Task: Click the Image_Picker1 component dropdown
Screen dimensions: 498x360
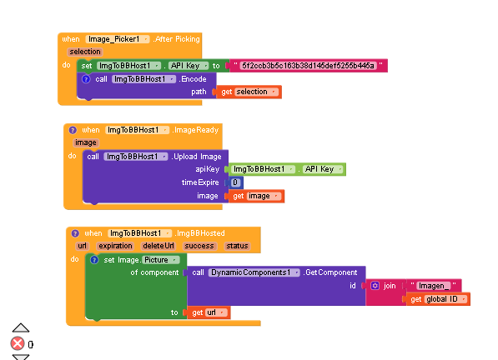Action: (117, 39)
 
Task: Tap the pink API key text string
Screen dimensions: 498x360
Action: (308, 66)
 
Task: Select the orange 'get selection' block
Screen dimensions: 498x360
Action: (249, 92)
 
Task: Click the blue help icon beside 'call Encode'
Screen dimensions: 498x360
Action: (86, 79)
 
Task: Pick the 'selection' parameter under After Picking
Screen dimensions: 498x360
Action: (85, 52)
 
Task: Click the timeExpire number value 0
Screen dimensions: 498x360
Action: (235, 182)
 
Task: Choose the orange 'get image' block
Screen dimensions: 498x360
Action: (256, 196)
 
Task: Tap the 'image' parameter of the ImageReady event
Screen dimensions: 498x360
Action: (85, 142)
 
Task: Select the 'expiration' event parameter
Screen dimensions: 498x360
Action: (115, 246)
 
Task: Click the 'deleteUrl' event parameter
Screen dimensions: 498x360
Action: (158, 246)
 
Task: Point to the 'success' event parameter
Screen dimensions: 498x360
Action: (199, 246)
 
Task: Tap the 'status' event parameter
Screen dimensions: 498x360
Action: (237, 246)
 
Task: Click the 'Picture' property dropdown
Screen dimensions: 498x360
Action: (161, 260)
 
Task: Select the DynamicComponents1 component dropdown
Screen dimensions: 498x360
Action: (254, 272)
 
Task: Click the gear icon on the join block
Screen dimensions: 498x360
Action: (375, 286)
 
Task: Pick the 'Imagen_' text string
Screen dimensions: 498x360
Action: (434, 286)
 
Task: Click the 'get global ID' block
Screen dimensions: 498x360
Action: (438, 299)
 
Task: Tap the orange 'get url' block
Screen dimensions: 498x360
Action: (209, 312)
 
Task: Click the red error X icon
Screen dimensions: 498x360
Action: (18, 343)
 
